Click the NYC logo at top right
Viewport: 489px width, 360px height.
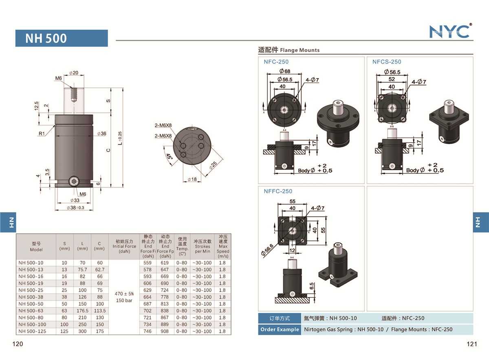coord(450,31)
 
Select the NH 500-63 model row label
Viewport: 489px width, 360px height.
coord(31,311)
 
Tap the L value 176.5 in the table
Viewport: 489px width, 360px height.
coord(82,311)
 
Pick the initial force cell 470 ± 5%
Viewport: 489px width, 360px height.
coord(124,294)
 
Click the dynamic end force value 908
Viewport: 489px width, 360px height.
coord(165,331)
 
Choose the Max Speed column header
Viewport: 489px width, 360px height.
coord(223,246)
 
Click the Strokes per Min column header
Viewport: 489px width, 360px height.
coord(203,246)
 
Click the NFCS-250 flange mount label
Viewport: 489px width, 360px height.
coord(386,62)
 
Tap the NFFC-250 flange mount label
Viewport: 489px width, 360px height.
coord(278,191)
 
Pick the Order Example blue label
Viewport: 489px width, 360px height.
coord(279,329)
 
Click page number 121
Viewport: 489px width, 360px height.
coord(471,344)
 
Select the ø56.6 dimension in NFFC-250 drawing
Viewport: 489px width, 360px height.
coord(269,248)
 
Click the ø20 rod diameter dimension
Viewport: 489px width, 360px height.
coord(74,73)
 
